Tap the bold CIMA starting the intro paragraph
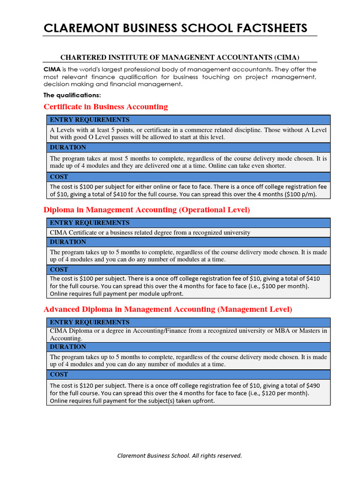[x=52, y=69]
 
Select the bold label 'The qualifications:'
[x=72, y=95]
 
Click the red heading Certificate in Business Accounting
[x=105, y=107]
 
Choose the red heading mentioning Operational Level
[x=147, y=210]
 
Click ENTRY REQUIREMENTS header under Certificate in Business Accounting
[x=90, y=120]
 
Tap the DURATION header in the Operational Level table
[x=68, y=242]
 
